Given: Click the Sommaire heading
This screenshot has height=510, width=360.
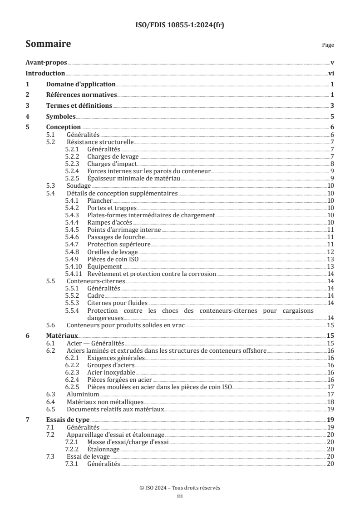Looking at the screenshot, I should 48,44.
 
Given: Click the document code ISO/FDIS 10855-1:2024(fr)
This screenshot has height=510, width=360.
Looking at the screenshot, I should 180,25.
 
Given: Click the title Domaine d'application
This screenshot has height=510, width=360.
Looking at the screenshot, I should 81,85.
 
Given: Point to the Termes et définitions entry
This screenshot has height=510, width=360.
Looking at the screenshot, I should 79,106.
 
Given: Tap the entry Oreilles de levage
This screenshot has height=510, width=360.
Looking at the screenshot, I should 113,252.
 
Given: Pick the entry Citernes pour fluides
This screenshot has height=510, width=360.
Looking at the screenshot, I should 117,303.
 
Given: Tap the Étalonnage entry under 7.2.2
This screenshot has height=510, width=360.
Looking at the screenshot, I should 104,449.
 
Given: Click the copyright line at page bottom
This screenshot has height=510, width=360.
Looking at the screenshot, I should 180,488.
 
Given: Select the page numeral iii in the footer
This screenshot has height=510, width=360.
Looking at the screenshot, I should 180,496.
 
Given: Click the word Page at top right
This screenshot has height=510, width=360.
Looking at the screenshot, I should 328,45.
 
